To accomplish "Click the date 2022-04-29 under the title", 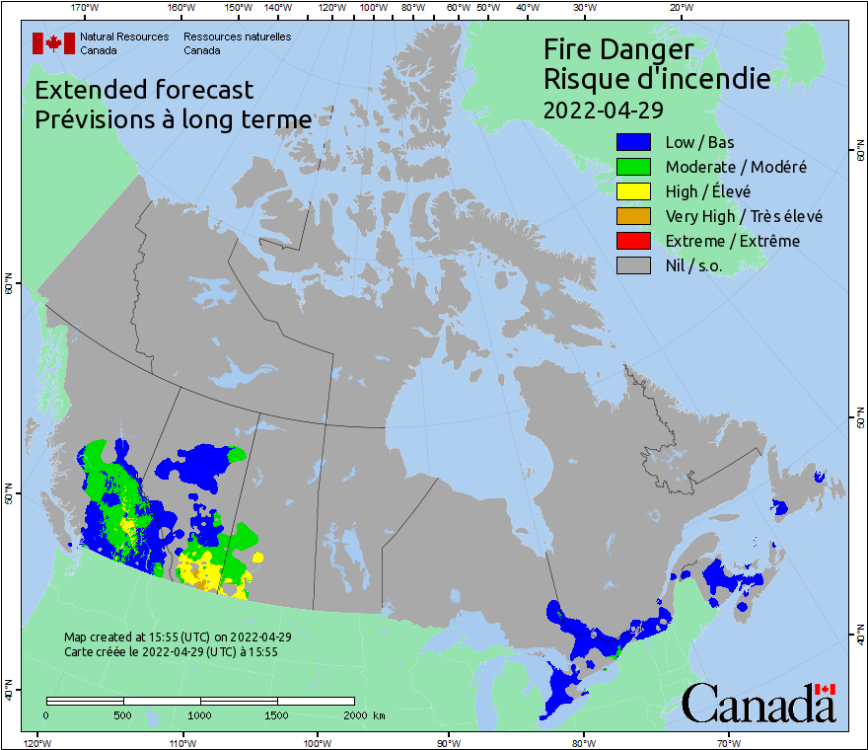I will (603, 109).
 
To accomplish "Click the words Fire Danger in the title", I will (618, 49).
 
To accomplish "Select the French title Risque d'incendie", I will (657, 79).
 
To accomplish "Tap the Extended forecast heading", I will (144, 90).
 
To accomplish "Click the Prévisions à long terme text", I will (173, 119).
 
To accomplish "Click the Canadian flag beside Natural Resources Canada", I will (53, 43).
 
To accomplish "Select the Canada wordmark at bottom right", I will (759, 705).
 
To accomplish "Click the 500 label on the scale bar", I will (123, 714).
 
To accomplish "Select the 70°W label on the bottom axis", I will (729, 741).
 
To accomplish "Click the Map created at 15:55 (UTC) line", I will (178, 637).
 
